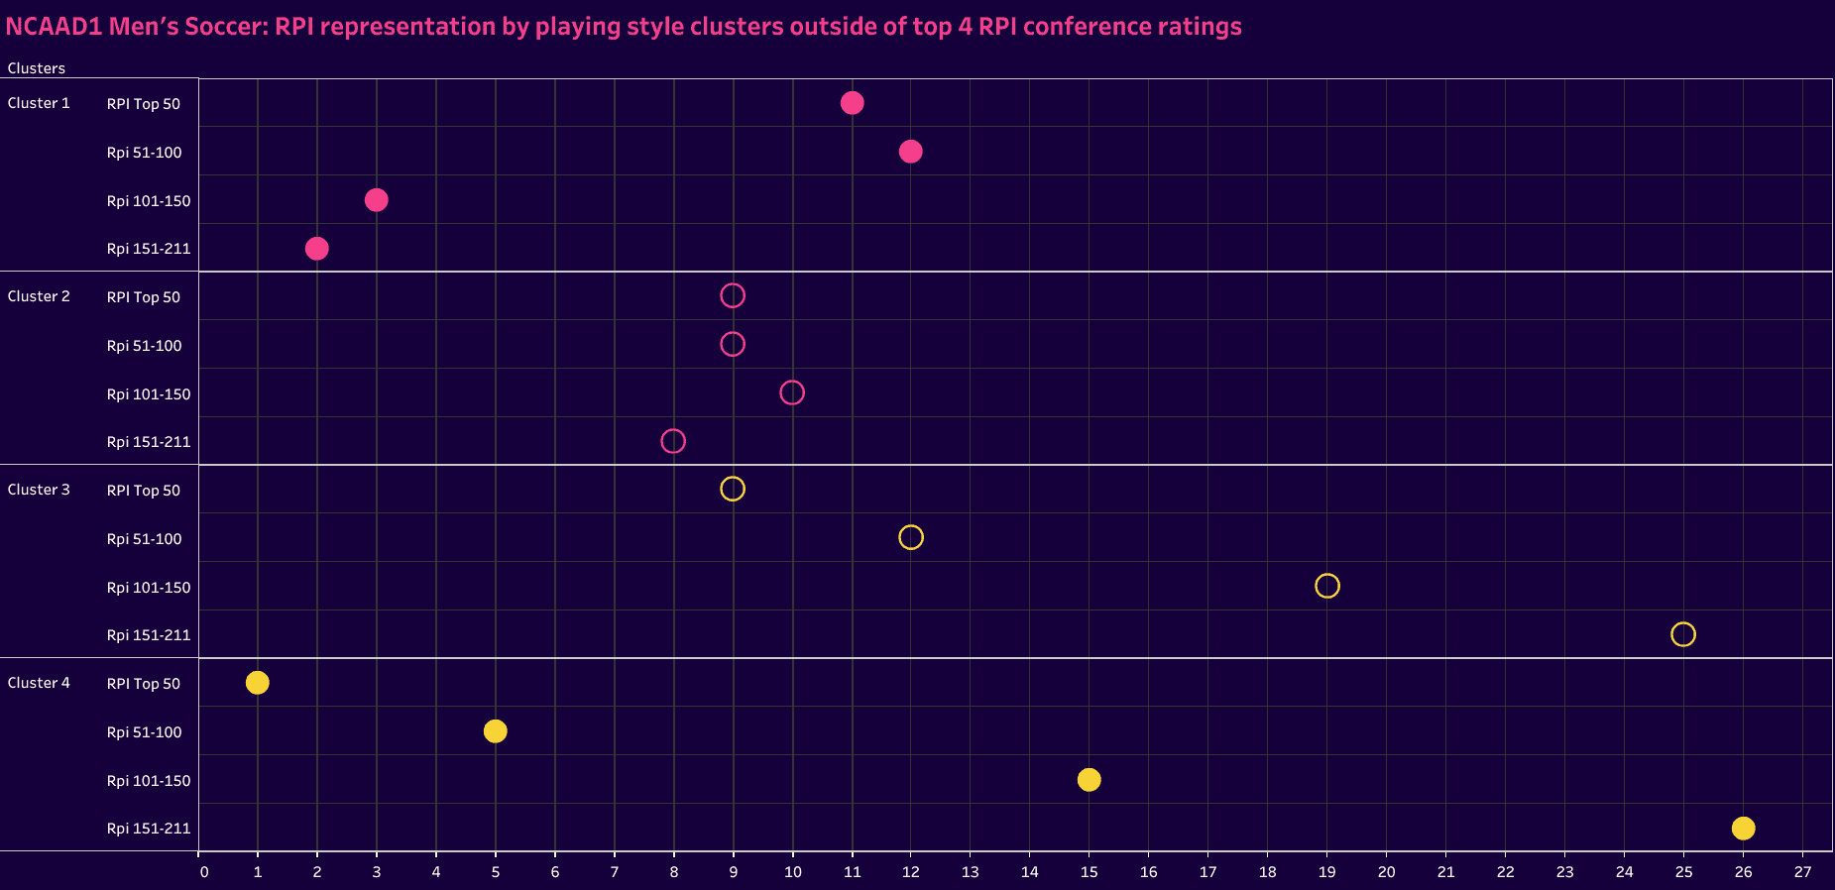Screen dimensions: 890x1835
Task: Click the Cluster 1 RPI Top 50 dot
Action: point(852,103)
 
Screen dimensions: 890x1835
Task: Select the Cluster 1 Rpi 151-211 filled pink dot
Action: point(316,248)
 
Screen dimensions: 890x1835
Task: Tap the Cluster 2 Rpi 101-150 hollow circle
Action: point(791,392)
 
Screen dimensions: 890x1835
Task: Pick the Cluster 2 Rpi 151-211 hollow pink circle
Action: point(673,441)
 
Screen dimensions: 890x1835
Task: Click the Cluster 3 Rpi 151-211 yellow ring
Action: point(1682,634)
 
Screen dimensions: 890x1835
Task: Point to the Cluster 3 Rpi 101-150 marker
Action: point(1326,586)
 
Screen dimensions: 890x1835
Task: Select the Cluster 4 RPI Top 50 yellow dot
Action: point(257,683)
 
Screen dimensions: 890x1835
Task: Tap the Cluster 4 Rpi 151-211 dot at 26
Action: point(1743,828)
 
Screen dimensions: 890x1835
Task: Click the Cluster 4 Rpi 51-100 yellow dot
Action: point(495,731)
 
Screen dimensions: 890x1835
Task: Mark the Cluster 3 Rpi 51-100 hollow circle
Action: point(910,537)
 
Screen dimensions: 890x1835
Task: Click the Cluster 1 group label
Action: point(39,103)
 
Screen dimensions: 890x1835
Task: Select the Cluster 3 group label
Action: point(39,490)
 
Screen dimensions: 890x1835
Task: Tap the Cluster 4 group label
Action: point(39,683)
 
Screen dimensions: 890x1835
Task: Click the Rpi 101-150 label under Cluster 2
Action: point(149,394)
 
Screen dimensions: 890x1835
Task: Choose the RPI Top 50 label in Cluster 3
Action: point(144,491)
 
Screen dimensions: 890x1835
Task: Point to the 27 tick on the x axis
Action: point(1802,872)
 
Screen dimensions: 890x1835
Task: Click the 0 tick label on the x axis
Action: point(204,872)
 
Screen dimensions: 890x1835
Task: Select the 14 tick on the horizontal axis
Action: point(1030,872)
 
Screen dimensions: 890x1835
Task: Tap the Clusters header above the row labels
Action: point(37,68)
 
